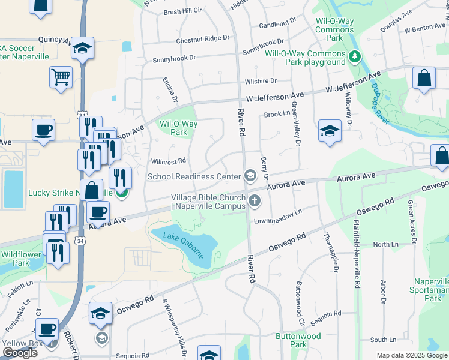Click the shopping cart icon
point(61,77)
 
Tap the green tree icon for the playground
point(355,57)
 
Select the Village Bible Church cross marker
point(255,200)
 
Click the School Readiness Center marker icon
point(250,176)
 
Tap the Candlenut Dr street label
point(277,25)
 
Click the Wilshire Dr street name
point(260,80)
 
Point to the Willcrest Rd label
point(168,161)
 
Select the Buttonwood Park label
point(298,340)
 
